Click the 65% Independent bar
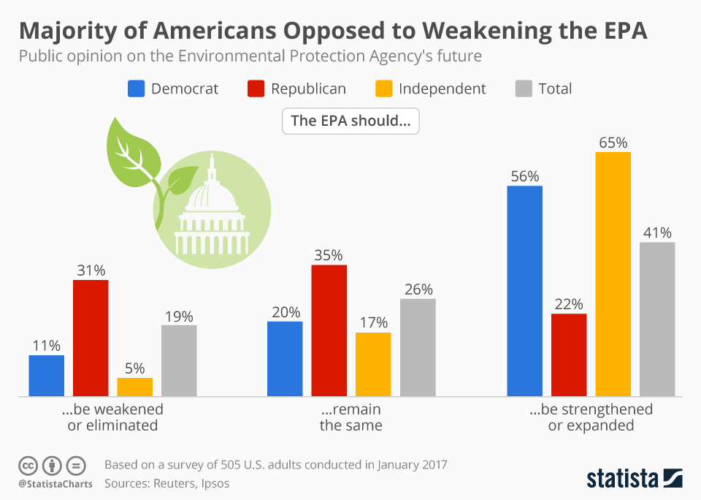[x=613, y=274]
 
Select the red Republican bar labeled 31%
[x=91, y=338]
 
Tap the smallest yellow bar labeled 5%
[x=135, y=387]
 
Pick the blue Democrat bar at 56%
[x=524, y=291]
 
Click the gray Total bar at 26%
[x=418, y=347]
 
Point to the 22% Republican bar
[x=569, y=355]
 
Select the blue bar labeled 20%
[x=285, y=358]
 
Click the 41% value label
[x=657, y=232]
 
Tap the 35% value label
[x=329, y=255]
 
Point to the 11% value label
[x=46, y=346]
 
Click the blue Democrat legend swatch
[x=137, y=88]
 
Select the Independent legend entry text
[x=442, y=88]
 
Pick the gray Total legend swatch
[x=524, y=88]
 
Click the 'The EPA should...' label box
[x=350, y=121]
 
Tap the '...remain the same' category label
[x=350, y=417]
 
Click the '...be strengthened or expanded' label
[x=591, y=417]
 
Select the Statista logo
[x=634, y=478]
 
